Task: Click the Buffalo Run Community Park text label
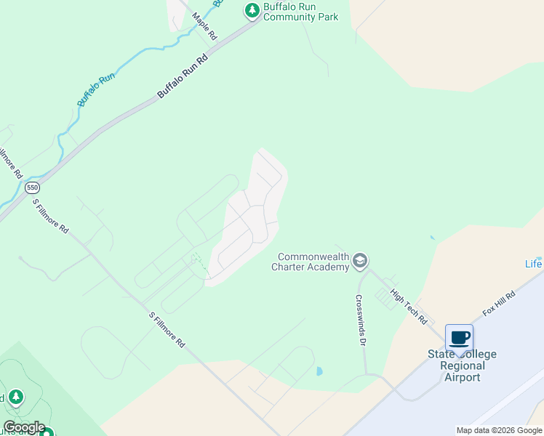coord(300,12)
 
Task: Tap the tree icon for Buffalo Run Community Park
coord(252,10)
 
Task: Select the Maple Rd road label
coord(204,25)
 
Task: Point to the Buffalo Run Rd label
coord(183,75)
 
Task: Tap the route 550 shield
coord(32,187)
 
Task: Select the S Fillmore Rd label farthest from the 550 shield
coord(167,330)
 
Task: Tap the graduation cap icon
coord(359,261)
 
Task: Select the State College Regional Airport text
coord(462,366)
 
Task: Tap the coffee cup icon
coord(459,337)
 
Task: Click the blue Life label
coord(534,263)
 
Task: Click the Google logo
coord(24,427)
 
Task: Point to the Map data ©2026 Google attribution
coord(499,430)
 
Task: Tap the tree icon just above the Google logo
coord(15,397)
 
